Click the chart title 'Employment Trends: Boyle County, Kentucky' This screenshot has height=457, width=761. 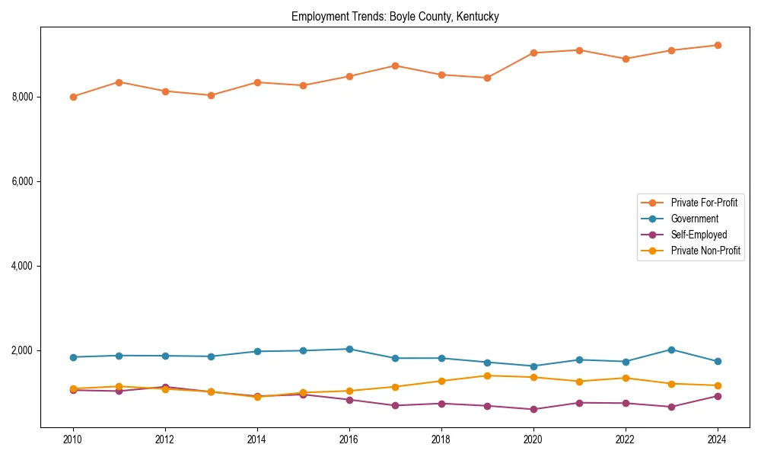(395, 17)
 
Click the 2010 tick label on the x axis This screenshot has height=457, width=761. (73, 439)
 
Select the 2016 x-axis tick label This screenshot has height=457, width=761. (349, 439)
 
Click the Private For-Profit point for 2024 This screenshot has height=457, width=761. (717, 45)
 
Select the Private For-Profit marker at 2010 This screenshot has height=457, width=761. (73, 97)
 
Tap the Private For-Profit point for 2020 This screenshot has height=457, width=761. (533, 53)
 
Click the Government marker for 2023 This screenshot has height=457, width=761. (671, 350)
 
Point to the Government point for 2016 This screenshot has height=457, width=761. (349, 349)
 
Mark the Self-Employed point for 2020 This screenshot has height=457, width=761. (533, 409)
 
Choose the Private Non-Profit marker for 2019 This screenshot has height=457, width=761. (487, 376)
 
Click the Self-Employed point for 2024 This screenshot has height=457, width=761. (717, 396)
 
